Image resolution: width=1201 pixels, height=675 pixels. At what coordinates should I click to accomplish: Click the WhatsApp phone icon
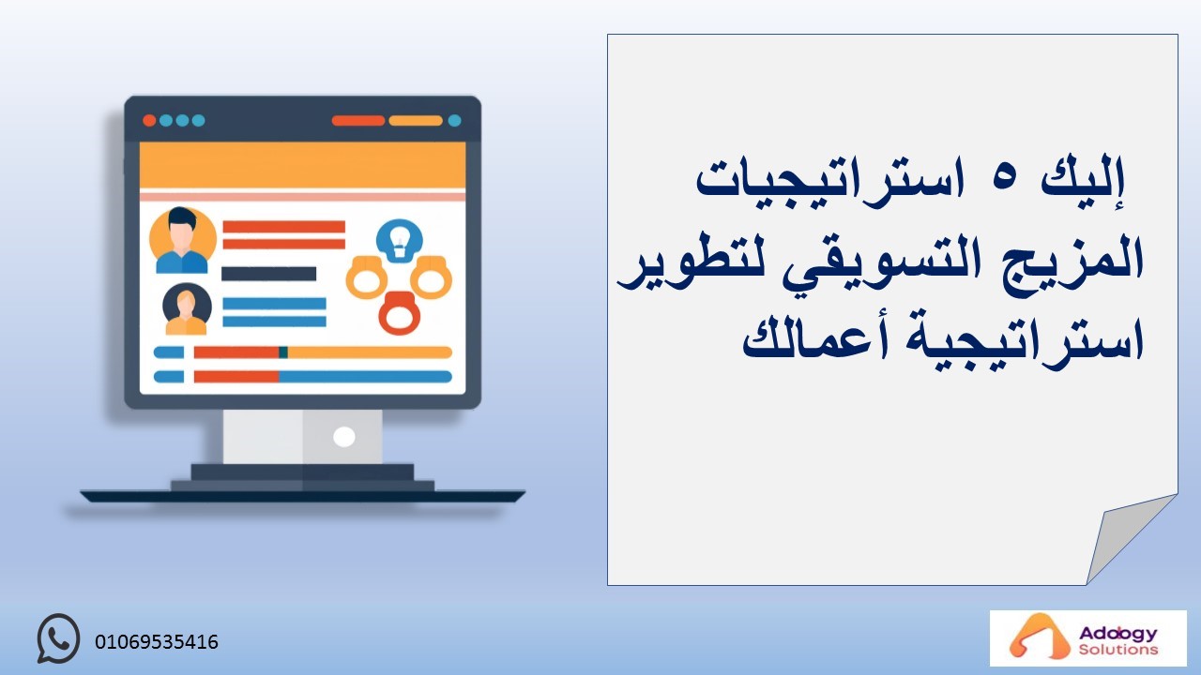[x=58, y=638]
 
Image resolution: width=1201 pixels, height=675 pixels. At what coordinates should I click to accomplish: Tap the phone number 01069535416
[x=157, y=642]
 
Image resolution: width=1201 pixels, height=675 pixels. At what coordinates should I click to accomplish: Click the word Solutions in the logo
[x=1118, y=650]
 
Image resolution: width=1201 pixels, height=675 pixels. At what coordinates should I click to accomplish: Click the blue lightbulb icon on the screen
[x=399, y=241]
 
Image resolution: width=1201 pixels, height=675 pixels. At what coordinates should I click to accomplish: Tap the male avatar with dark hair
[x=182, y=240]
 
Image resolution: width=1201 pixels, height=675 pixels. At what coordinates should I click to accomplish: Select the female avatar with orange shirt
[x=187, y=309]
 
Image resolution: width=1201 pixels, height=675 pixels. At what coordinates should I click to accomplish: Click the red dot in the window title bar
[x=149, y=121]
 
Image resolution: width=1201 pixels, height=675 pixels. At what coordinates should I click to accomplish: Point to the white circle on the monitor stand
[x=344, y=437]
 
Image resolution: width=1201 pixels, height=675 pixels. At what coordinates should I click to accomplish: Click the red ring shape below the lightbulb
[x=400, y=313]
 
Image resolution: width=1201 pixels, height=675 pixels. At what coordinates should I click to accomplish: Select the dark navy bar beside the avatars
[x=268, y=274]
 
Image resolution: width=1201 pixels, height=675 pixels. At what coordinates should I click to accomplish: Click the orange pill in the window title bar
[x=416, y=121]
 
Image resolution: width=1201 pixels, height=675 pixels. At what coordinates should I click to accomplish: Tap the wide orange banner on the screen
[x=302, y=166]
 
